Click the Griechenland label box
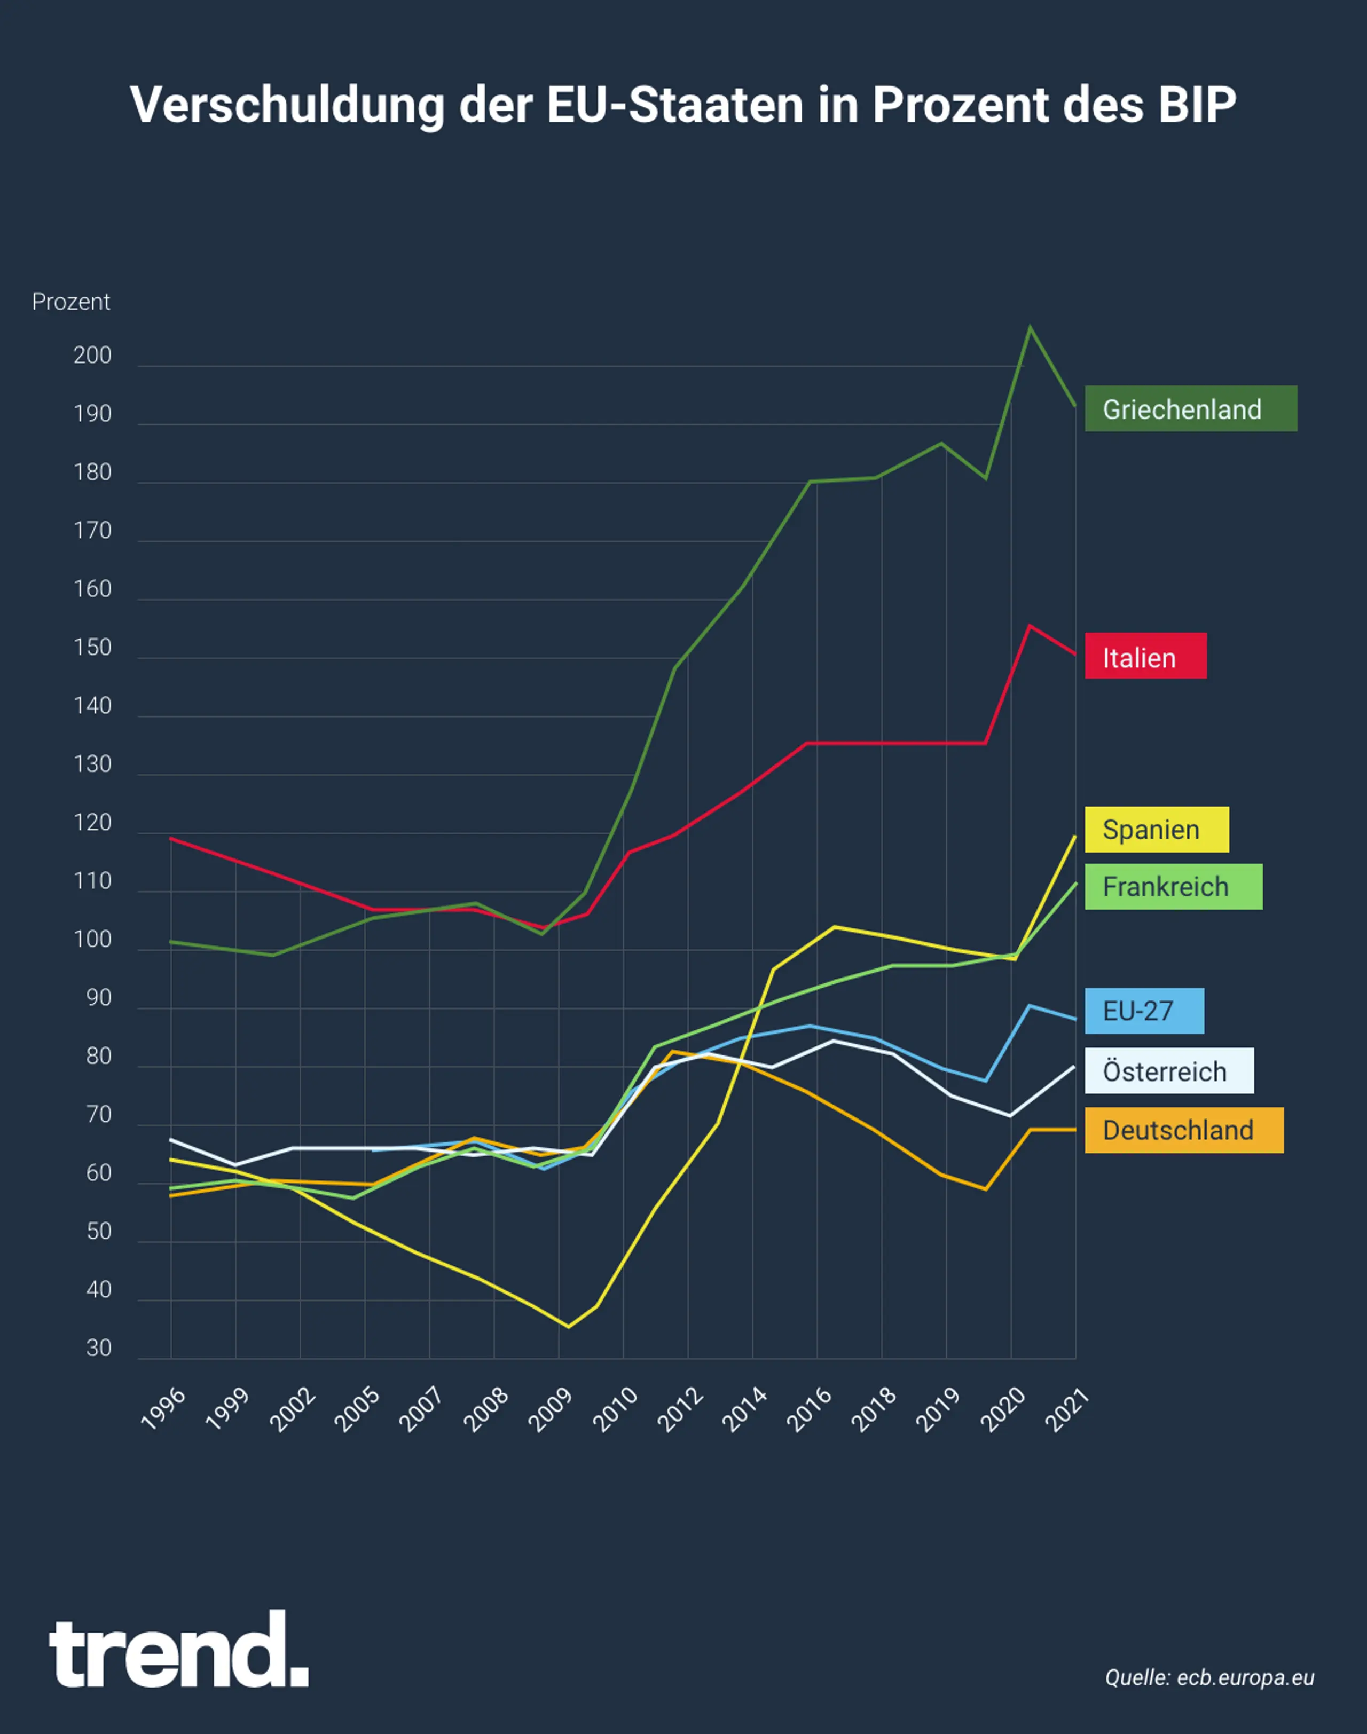[x=1190, y=409]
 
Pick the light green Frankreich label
[x=1173, y=887]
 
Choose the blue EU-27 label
[x=1144, y=1011]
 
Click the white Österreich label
[x=1168, y=1070]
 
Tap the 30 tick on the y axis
[x=98, y=1349]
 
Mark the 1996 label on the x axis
[x=164, y=1409]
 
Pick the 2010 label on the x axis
[x=616, y=1409]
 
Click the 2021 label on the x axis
[x=1067, y=1409]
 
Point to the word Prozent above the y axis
[x=70, y=302]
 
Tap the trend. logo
[x=178, y=1650]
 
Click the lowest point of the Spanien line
[x=568, y=1327]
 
